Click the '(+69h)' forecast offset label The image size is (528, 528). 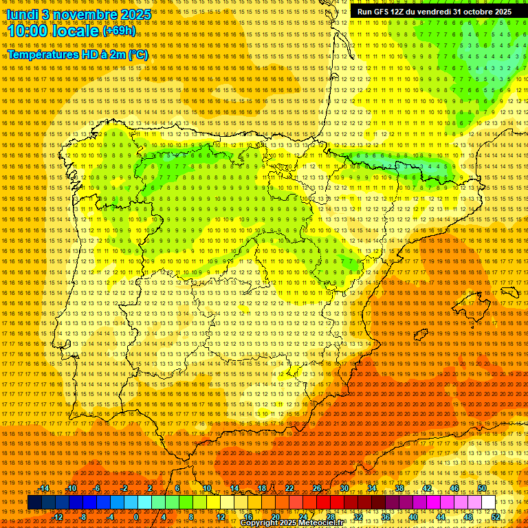119,31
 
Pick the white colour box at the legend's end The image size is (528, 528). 489,503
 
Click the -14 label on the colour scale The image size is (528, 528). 44,488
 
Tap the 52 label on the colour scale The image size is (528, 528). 496,517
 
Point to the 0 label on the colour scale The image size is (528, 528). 137,517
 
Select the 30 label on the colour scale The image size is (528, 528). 344,488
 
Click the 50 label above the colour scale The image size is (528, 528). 482,488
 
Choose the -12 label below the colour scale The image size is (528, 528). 58,517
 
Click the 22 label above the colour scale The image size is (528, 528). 289,488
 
